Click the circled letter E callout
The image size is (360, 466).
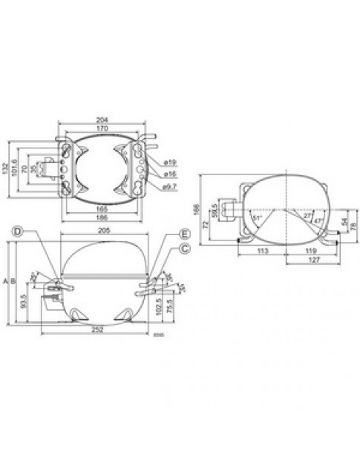point(183,234)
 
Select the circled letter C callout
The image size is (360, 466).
point(184,247)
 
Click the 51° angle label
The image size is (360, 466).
point(258,220)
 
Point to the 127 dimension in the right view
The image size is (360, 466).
point(295,260)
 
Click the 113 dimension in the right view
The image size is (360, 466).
point(263,251)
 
